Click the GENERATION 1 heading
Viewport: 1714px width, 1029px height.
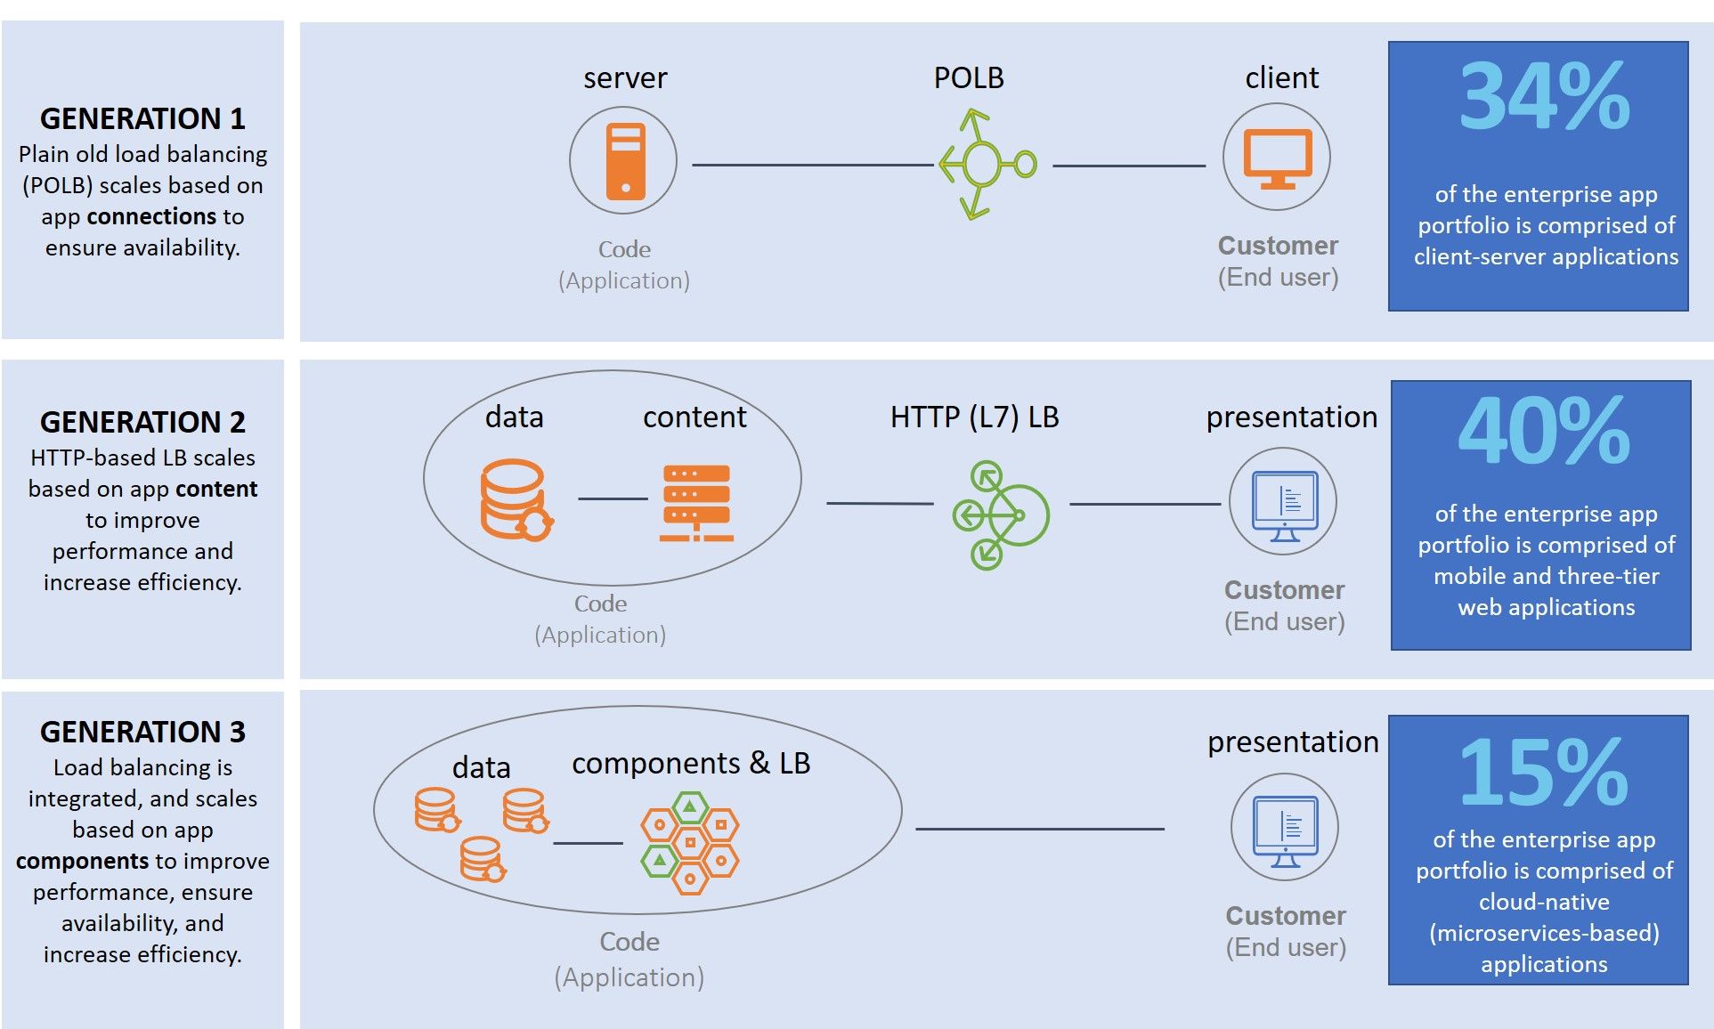142,118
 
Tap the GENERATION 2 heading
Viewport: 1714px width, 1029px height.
142,422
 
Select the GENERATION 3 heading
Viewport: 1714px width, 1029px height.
142,732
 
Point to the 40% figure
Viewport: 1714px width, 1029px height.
1545,431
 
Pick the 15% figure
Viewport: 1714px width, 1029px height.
1545,773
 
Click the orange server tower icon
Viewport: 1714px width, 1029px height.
625,161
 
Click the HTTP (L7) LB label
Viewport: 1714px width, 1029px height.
975,417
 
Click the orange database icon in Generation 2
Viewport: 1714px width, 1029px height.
516,500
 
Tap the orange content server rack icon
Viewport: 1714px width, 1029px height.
696,503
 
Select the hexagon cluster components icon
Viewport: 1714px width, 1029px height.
690,843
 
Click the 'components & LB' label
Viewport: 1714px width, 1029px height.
691,764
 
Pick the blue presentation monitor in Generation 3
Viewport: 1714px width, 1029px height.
1285,831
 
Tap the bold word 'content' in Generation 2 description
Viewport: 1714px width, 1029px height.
216,489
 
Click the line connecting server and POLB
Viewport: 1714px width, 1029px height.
812,165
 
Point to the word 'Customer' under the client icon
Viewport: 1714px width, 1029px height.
1278,246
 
